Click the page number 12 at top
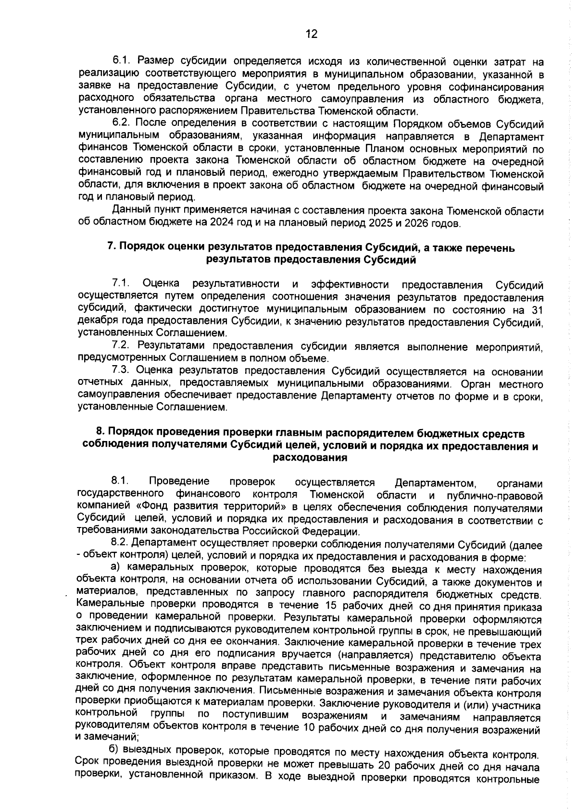(311, 34)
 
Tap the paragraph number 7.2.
(120, 346)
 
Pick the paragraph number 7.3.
(120, 371)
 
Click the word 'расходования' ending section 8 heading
(310, 457)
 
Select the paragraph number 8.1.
(120, 481)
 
